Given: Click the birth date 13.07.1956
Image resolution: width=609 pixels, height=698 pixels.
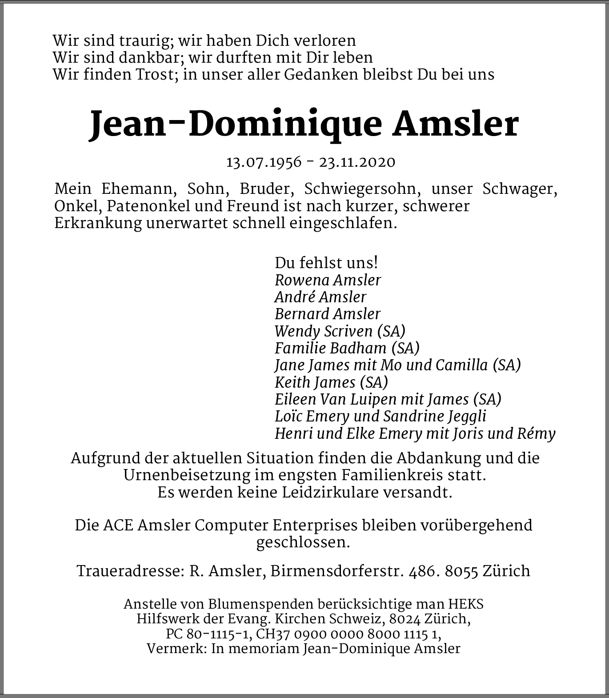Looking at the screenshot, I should (264, 162).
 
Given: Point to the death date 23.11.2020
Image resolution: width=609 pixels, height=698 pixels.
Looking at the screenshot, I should (357, 162).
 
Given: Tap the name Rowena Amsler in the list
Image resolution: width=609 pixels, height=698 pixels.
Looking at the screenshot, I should (328, 280).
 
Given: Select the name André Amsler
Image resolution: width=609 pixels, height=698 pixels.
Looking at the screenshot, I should (320, 297).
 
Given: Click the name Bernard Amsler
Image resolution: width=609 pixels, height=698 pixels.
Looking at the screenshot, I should (328, 314).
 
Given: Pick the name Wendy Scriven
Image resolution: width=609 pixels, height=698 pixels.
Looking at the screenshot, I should (324, 331).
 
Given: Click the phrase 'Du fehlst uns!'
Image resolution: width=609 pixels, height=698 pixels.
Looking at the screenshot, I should (326, 263).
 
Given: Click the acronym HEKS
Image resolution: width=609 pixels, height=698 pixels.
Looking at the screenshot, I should (465, 604).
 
